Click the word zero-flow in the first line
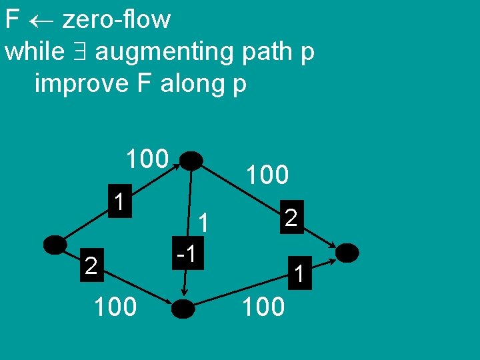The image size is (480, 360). click(116, 19)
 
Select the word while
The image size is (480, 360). click(35, 51)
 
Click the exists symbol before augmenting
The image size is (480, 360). click(83, 52)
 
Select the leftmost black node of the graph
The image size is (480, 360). click(55, 245)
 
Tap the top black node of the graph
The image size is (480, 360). click(191, 161)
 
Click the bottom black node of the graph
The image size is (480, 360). click(183, 308)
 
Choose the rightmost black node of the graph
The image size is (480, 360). click(347, 253)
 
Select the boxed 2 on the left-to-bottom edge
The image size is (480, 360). click(92, 267)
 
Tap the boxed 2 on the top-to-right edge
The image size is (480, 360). click(290, 217)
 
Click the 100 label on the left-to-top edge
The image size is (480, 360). click(147, 159)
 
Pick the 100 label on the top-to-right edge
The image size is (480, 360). click(267, 175)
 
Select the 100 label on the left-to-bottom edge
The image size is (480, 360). click(115, 307)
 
